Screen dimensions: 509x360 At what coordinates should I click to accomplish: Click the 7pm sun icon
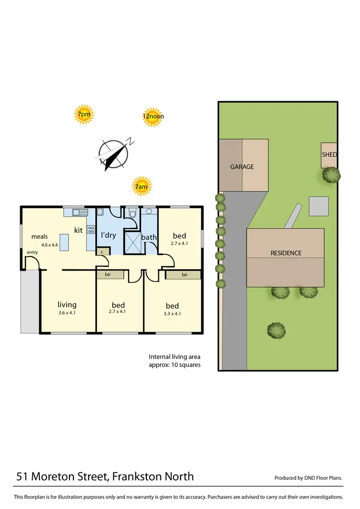point(84,115)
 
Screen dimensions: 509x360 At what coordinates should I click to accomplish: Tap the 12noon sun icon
point(153,116)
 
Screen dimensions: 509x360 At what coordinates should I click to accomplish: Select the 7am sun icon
point(142,186)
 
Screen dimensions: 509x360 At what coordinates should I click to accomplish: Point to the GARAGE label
point(242,167)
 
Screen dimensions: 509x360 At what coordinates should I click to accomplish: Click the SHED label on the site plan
point(329,155)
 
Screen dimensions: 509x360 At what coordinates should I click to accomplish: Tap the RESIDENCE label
point(286,253)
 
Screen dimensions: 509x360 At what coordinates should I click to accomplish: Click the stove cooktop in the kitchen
point(91,230)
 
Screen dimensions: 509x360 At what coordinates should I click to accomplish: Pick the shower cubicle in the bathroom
point(132,242)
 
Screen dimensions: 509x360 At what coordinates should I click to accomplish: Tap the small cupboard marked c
point(102,251)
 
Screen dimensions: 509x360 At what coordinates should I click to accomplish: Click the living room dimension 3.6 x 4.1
point(67,313)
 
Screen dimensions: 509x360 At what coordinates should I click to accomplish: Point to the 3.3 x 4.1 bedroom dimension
point(172,314)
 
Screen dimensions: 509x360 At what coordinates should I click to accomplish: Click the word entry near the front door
point(32,253)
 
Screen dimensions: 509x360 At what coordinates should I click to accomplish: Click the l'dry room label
point(108,235)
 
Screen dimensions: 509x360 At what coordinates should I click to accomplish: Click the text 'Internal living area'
point(174,356)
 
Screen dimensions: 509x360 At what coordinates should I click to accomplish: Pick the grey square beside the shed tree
point(319,206)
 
